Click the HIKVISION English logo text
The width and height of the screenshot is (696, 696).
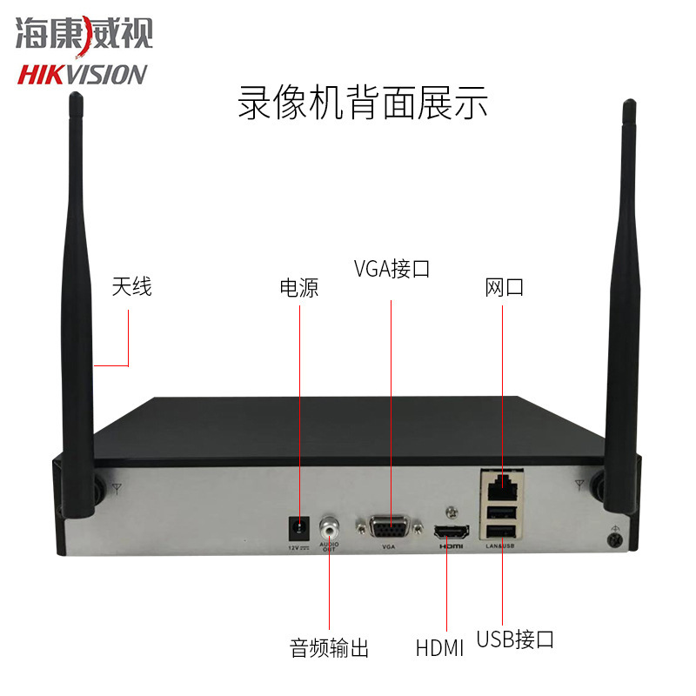[83, 74]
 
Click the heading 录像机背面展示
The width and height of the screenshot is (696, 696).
[362, 103]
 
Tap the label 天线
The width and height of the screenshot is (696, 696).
[131, 286]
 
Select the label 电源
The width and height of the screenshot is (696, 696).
[298, 288]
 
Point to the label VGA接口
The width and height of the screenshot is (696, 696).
[391, 268]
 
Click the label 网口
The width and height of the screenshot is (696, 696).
[505, 288]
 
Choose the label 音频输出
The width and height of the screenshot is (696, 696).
[329, 648]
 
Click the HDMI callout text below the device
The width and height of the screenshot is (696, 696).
[439, 648]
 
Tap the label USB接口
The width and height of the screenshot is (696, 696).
[515, 640]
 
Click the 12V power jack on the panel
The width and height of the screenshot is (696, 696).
[300, 527]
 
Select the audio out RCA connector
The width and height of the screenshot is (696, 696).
[330, 526]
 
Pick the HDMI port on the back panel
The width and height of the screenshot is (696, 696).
[451, 531]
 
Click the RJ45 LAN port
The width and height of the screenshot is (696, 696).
[501, 480]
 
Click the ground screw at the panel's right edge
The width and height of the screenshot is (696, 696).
[616, 540]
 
